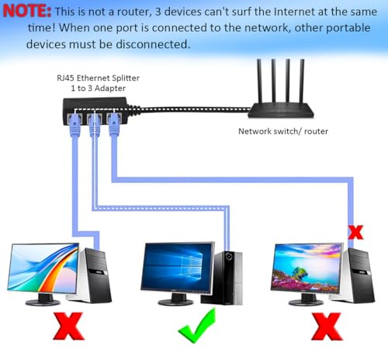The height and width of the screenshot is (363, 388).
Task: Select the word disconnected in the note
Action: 152,45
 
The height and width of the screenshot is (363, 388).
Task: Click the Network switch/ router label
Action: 282,131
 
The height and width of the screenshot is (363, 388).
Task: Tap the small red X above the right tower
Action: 355,231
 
